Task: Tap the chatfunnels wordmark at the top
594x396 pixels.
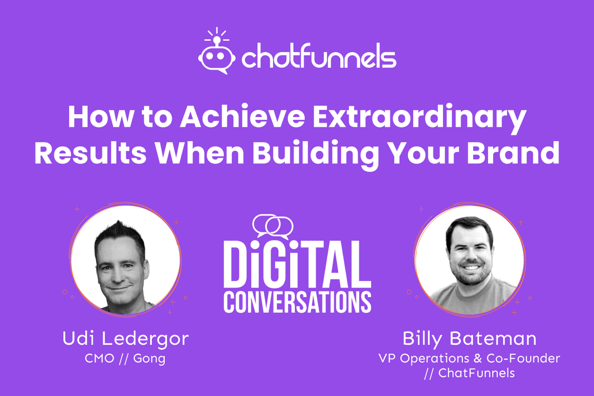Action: coord(319,58)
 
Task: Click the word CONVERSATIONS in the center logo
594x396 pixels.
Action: coord(297,301)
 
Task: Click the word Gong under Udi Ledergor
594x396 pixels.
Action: coord(150,358)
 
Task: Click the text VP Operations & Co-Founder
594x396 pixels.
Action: coord(469,358)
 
